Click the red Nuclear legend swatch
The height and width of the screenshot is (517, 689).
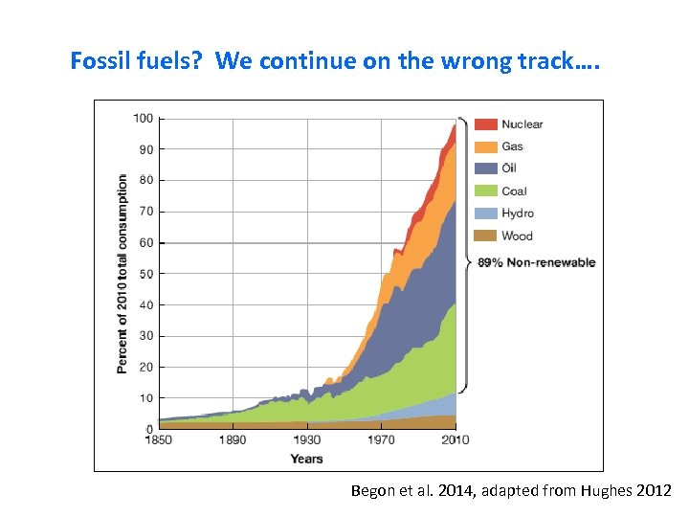(x=486, y=124)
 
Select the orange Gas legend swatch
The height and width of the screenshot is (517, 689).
(x=486, y=146)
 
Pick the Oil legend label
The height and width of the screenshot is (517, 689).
(x=510, y=169)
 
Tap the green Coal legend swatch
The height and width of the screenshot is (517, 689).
(x=486, y=191)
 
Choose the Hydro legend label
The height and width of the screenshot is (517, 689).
(x=518, y=214)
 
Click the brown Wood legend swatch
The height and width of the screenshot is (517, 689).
(x=486, y=236)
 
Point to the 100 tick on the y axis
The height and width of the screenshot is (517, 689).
(x=143, y=119)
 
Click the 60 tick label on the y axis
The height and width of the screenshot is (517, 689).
(x=145, y=243)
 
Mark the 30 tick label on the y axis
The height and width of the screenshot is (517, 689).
(x=145, y=336)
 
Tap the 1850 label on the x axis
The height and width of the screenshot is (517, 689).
(x=158, y=440)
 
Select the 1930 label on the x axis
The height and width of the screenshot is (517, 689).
(x=306, y=440)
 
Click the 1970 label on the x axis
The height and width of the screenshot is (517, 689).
(x=381, y=440)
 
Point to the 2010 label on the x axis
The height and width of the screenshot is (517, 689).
(x=455, y=440)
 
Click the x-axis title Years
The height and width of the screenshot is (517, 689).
(x=306, y=459)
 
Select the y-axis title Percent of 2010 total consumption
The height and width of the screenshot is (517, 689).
(x=122, y=274)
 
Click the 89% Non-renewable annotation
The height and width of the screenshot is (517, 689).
(x=536, y=262)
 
